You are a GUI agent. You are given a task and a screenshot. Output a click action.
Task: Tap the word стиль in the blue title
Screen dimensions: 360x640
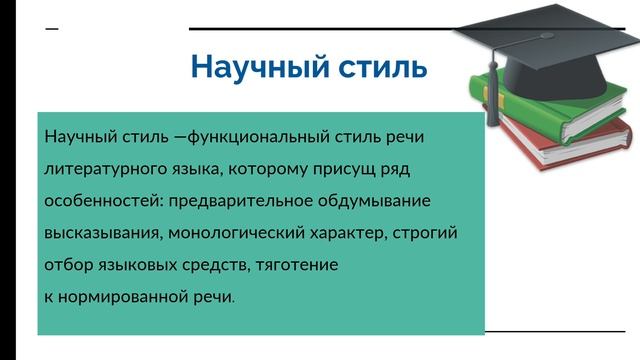click(381, 68)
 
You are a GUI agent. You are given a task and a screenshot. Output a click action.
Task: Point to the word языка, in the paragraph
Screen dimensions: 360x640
click(194, 168)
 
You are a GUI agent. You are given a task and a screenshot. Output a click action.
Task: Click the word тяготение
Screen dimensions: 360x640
click(297, 266)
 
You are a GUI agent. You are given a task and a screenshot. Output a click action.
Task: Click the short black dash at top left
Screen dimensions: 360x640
click(52, 28)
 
